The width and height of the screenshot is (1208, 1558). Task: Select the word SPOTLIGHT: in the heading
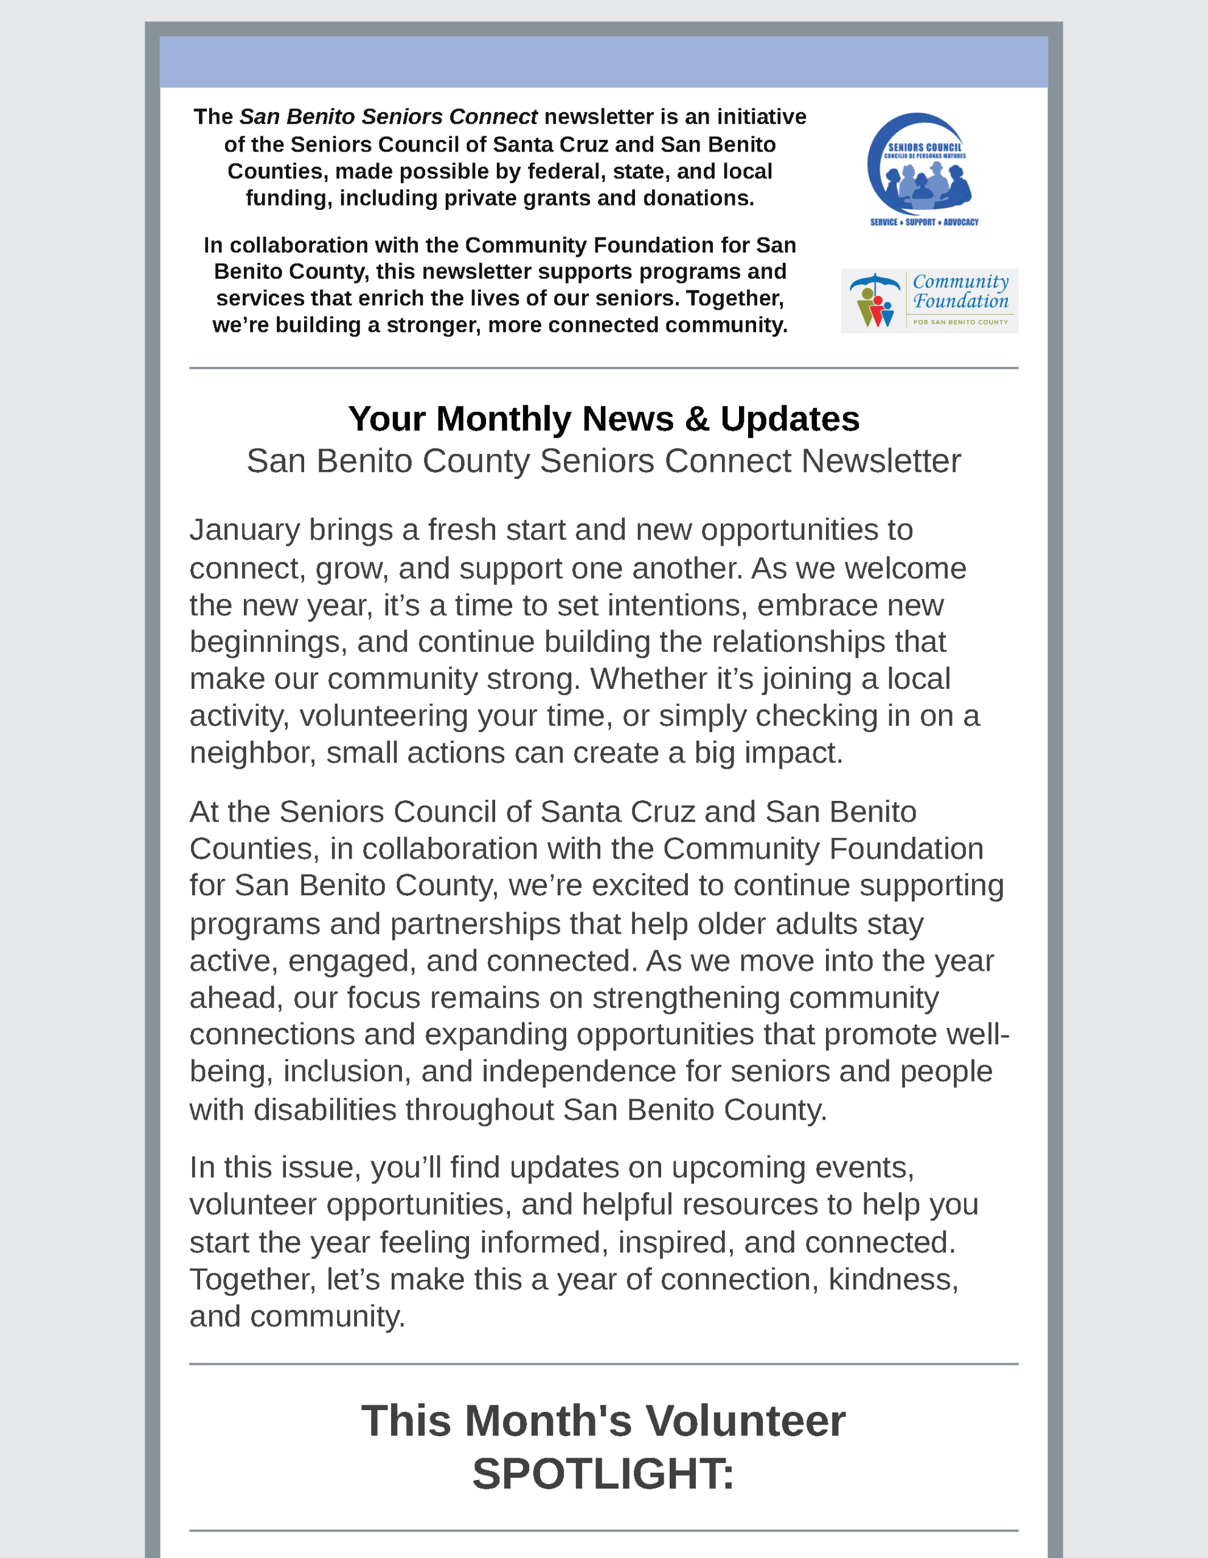point(603,1474)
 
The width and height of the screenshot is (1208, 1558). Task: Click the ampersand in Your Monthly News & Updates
point(696,419)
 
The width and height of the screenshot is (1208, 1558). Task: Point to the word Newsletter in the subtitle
point(881,461)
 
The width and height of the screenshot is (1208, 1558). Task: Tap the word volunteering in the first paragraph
point(383,716)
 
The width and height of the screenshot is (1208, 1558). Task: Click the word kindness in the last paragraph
point(893,1280)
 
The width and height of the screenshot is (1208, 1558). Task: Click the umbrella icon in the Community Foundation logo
point(874,282)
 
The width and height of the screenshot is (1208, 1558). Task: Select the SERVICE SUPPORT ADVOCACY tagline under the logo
point(924,222)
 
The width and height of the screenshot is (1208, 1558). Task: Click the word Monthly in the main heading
point(504,419)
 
